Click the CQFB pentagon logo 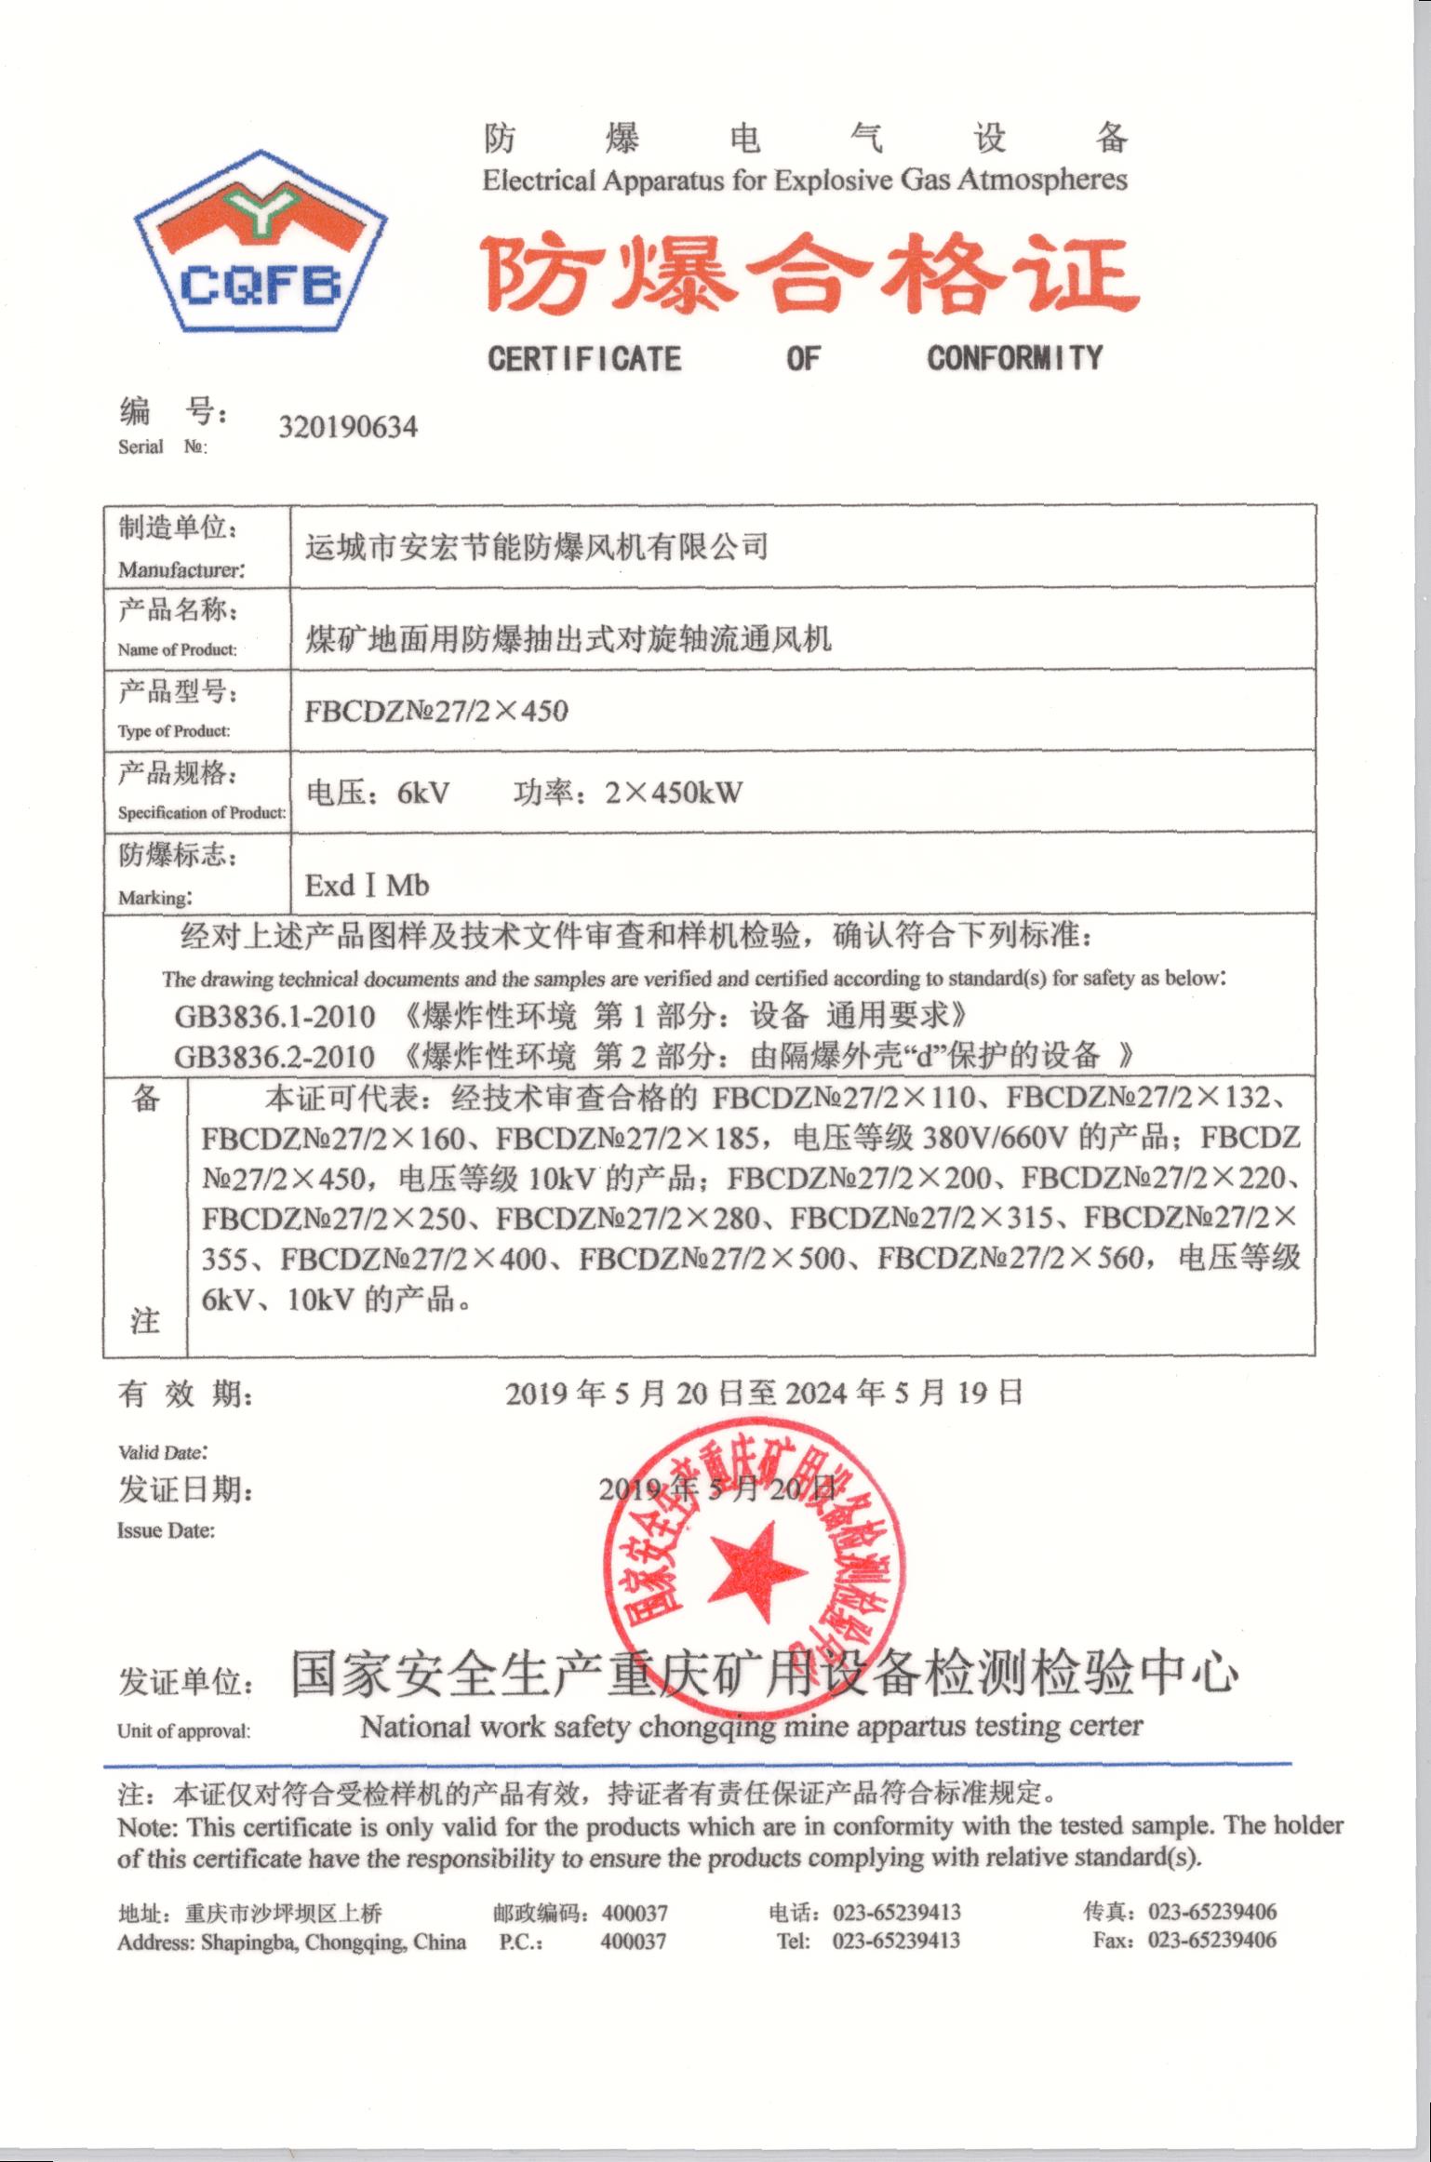(261, 241)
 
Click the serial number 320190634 (348, 428)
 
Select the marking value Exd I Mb (367, 886)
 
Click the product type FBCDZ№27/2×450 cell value (436, 712)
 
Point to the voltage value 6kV (422, 794)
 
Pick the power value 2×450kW (673, 794)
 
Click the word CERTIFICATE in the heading (584, 359)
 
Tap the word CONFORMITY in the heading (1014, 358)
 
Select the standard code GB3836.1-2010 (274, 1016)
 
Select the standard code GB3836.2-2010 (274, 1057)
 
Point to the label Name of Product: (177, 650)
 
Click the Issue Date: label (166, 1530)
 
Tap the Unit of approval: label (183, 1731)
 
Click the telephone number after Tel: (896, 1941)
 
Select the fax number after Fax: (1211, 1941)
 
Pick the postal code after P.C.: (634, 1942)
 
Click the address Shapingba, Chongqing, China (333, 1942)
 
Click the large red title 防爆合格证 (809, 275)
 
